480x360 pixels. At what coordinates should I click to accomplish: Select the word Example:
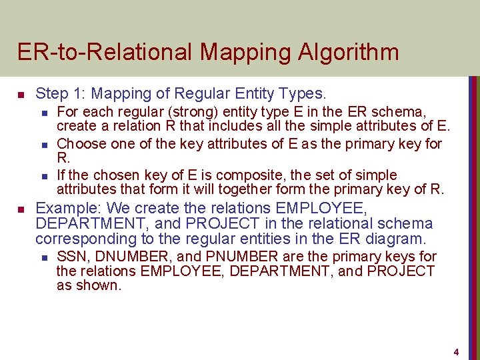point(63,207)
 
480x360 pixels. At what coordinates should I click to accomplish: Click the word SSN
point(71,257)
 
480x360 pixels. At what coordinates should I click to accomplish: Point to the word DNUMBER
point(126,257)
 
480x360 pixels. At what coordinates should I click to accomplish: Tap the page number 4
point(457,351)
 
